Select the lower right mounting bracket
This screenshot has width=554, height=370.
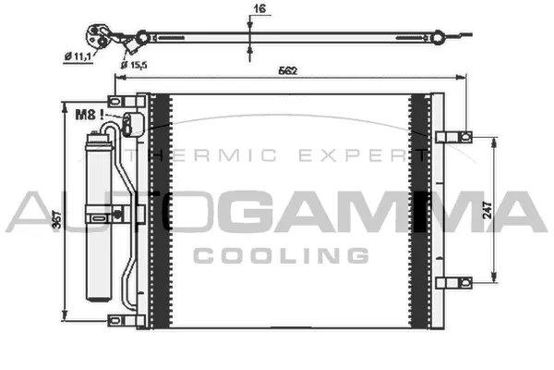click(452, 283)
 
